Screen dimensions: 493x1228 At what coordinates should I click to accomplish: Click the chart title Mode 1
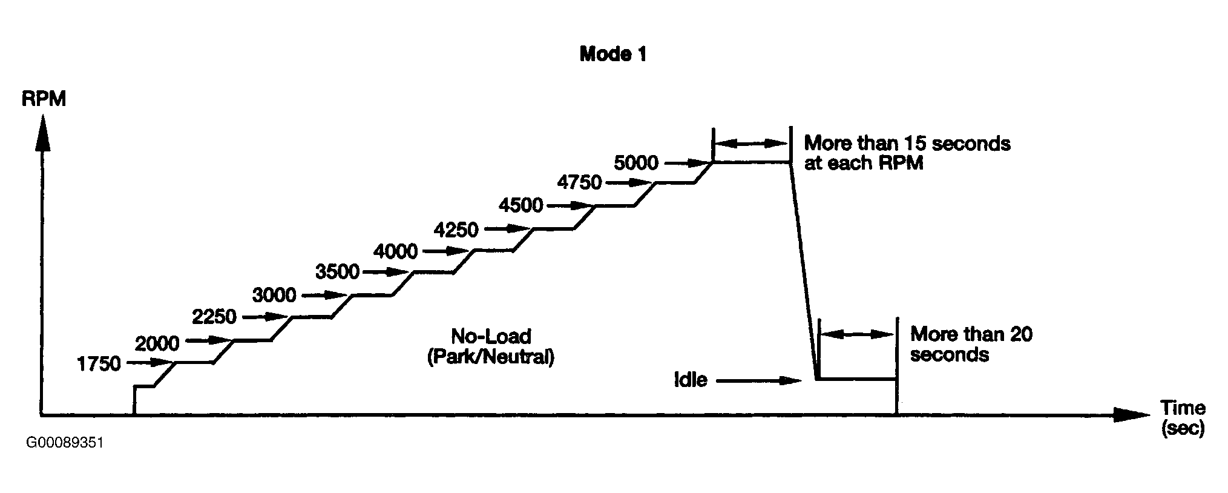click(612, 55)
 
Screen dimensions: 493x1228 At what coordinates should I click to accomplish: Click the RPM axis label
click(44, 99)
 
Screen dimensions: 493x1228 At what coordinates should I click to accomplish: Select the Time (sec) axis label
click(1183, 418)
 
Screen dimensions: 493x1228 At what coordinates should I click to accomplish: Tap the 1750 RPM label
click(99, 364)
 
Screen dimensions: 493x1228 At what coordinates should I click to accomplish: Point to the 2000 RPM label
click(157, 343)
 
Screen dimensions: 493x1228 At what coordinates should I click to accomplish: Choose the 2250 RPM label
click(214, 317)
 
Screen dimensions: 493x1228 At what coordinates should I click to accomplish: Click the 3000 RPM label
click(274, 296)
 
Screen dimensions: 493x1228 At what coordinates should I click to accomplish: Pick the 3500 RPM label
click(337, 273)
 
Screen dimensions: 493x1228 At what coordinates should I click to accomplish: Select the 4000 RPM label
click(395, 251)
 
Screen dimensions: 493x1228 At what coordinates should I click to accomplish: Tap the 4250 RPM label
click(456, 230)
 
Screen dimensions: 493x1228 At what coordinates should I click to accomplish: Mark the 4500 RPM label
click(520, 205)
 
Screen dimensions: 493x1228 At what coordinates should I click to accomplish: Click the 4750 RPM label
click(579, 182)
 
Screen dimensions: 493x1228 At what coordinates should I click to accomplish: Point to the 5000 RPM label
click(635, 162)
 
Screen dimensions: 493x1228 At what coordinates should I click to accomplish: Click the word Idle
click(691, 380)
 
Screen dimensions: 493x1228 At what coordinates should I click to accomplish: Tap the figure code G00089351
click(65, 443)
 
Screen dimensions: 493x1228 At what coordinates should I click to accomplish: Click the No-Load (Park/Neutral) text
click(490, 346)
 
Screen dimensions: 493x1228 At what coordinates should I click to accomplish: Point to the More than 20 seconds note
click(971, 344)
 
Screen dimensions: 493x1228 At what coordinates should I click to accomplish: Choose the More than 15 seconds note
click(907, 153)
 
